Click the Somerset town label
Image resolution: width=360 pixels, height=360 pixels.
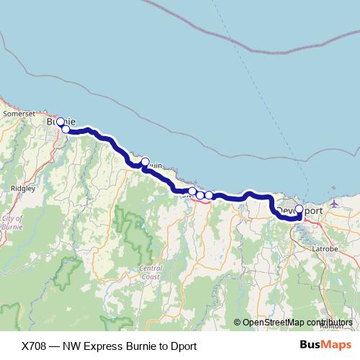pyautogui.click(x=19, y=113)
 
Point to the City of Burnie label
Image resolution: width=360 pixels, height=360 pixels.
pyautogui.click(x=13, y=223)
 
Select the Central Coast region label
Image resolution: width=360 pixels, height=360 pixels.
pyautogui.click(x=150, y=272)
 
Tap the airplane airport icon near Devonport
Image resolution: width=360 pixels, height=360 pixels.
pyautogui.click(x=334, y=204)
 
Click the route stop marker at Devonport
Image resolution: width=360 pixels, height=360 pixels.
pyautogui.click(x=300, y=210)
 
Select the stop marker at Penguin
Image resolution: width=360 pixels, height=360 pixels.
pyautogui.click(x=145, y=162)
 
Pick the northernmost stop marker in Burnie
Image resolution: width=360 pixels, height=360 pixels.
pyautogui.click(x=60, y=122)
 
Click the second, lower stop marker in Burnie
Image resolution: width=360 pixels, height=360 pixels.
pyautogui.click(x=66, y=129)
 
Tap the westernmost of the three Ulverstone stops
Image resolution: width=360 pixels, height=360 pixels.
pyautogui.click(x=192, y=192)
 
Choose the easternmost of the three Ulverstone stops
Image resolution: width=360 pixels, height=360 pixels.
pyautogui.click(x=209, y=195)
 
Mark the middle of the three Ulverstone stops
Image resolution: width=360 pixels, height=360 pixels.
pyautogui.click(x=200, y=195)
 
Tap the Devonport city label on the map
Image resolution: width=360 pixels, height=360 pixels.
pyautogui.click(x=298, y=210)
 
